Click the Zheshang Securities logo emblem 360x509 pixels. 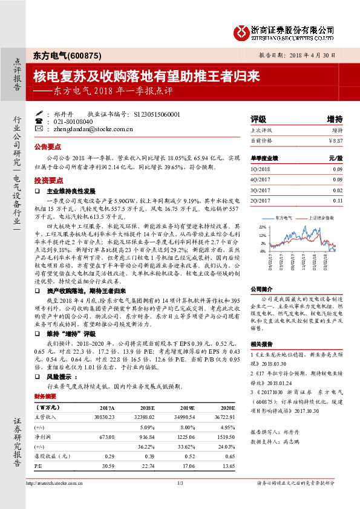[x=241, y=31]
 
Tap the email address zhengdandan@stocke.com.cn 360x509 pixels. [x=89, y=129]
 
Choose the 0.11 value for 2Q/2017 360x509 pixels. [x=338, y=200]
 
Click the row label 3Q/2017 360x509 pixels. [x=261, y=190]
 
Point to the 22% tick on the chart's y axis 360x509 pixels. [x=262, y=227]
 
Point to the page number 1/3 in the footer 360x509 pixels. [x=180, y=482]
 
